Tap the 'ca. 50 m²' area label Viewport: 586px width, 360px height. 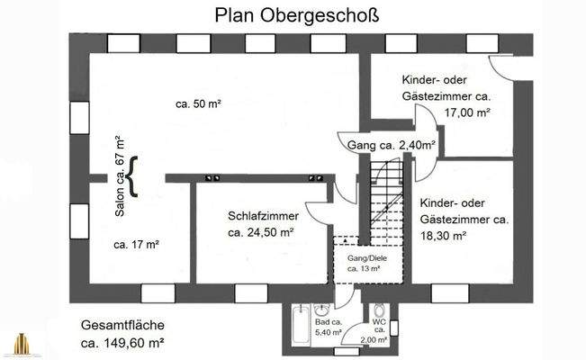point(198,103)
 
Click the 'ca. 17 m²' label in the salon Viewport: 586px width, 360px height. point(137,244)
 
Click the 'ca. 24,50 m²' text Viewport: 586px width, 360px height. point(261,232)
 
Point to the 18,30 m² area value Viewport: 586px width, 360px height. point(443,235)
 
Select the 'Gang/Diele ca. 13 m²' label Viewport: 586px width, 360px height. point(364,262)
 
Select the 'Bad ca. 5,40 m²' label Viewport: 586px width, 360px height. point(328,328)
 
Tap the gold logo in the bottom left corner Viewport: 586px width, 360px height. point(21,344)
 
